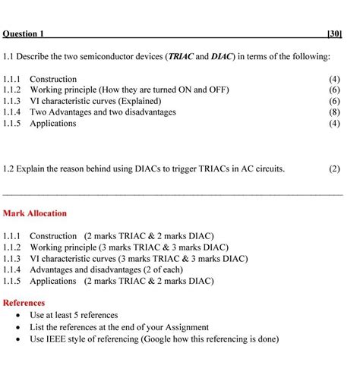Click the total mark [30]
[333, 33]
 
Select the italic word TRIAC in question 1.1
[182, 57]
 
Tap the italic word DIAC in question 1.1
[224, 57]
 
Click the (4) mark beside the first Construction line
[334, 79]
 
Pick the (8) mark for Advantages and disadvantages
[334, 112]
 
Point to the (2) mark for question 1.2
[334, 169]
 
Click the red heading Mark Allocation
[35, 213]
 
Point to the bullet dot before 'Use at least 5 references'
[17, 315]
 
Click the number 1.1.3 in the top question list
[14, 101]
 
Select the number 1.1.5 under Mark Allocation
[14, 281]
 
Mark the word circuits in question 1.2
[268, 169]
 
